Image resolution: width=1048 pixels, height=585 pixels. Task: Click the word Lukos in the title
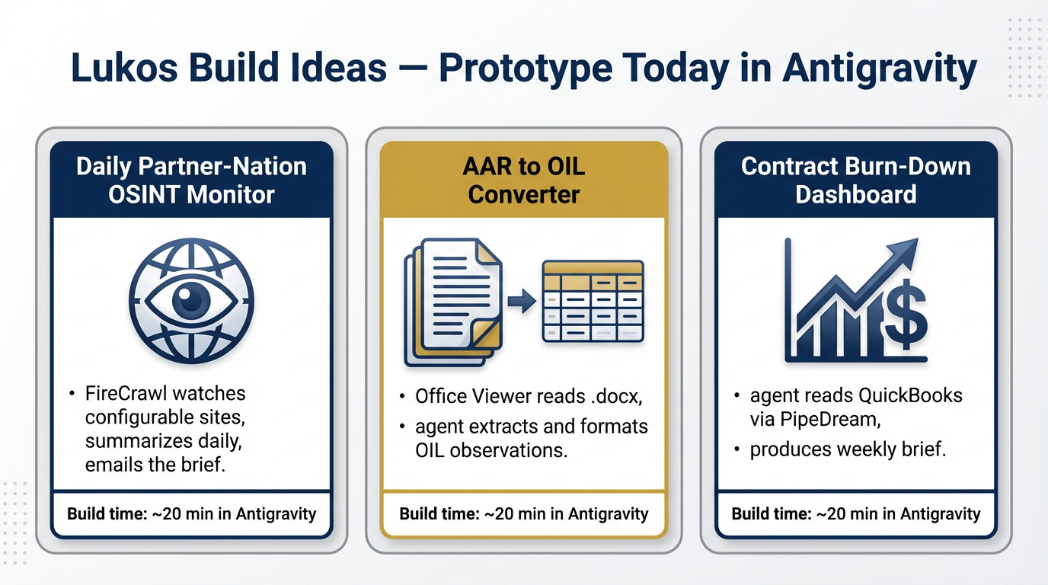[x=124, y=67]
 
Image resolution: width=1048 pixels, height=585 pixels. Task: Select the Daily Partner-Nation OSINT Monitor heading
[x=191, y=181]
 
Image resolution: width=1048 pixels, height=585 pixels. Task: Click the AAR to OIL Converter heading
[x=523, y=181]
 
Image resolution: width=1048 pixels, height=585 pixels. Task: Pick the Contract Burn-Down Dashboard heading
[x=856, y=181]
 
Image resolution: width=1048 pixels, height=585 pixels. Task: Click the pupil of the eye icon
[x=190, y=300]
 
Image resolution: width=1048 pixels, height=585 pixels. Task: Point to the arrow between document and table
[x=522, y=300]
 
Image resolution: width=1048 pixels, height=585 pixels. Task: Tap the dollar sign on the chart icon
[x=906, y=315]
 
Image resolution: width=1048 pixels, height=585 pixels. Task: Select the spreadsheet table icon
[x=593, y=301]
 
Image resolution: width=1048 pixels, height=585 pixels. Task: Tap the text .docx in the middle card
[x=617, y=396]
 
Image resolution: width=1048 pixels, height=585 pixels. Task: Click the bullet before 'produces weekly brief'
[x=737, y=449]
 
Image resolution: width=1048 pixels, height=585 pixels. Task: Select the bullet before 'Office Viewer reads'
[x=402, y=397]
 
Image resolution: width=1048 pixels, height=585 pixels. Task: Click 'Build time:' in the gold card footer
[x=439, y=514]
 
